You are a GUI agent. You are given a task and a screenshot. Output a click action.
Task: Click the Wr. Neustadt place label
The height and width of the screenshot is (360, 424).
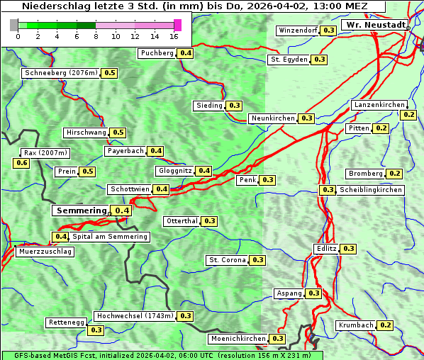(x=375, y=25)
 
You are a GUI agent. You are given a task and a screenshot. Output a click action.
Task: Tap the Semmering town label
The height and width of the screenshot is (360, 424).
(x=81, y=210)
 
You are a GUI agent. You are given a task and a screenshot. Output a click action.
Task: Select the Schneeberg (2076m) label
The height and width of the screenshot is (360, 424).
(x=60, y=73)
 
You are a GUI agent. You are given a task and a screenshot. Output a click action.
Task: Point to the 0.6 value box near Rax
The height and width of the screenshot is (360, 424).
(x=22, y=163)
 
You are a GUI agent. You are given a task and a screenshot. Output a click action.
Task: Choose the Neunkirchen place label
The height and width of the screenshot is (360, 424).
(x=273, y=118)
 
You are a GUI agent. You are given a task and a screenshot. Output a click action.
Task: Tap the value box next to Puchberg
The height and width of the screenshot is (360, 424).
(x=186, y=53)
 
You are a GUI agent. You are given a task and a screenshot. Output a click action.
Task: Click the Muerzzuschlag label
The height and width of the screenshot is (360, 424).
(x=45, y=252)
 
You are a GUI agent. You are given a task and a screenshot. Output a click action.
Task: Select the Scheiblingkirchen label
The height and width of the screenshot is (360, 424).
(x=370, y=190)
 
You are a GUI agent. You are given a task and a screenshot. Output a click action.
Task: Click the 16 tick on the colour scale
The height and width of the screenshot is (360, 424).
(x=174, y=36)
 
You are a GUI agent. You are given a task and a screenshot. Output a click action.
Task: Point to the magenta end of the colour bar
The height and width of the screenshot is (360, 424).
(x=177, y=25)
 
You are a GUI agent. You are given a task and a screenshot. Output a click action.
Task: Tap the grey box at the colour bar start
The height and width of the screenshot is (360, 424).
(x=14, y=25)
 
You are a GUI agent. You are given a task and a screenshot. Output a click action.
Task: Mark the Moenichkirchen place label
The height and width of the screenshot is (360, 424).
(x=238, y=339)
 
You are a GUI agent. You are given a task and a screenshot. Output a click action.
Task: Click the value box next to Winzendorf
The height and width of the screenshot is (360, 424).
(x=328, y=30)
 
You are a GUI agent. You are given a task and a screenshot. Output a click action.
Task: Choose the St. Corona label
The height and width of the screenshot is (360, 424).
(x=227, y=260)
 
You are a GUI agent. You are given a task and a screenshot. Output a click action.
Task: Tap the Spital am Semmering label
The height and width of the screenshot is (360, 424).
(x=110, y=237)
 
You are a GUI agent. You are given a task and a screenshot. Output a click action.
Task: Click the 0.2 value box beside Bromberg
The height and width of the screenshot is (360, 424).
(x=395, y=174)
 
